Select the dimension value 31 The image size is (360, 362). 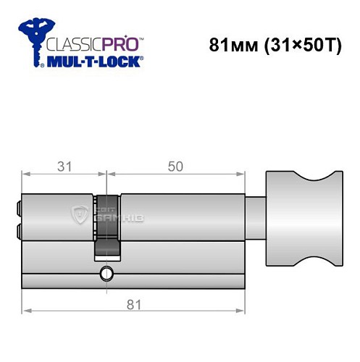tap(64, 166)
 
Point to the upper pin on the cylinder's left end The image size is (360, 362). tap(17, 208)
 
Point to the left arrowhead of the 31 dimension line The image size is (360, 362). tap(26, 174)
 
